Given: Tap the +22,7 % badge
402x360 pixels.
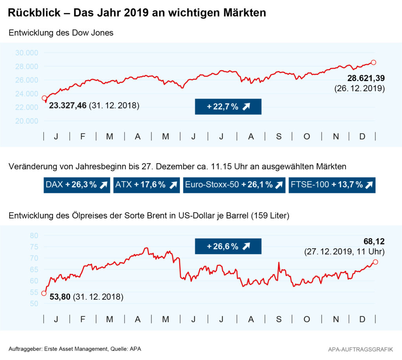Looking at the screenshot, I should tap(228, 107).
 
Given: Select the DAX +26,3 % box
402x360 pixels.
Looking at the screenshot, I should tap(77, 185).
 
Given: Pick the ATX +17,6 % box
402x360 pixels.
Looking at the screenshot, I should tap(146, 185).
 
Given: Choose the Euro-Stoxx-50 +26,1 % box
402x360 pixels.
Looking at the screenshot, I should tap(234, 185).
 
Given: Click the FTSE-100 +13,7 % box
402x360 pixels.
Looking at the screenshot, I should tap(332, 185).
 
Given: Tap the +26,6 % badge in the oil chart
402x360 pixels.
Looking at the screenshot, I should tap(228, 246).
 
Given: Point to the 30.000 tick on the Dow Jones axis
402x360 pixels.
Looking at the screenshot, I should tap(27, 53).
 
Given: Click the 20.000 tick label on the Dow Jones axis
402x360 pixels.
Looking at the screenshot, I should tap(27, 121).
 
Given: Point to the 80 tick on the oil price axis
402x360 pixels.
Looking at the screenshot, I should tap(34, 235).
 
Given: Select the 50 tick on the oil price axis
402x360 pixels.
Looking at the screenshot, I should tap(34, 304).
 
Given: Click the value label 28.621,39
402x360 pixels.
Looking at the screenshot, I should tap(366, 78).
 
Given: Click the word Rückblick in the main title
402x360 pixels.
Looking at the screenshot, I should tap(34, 13).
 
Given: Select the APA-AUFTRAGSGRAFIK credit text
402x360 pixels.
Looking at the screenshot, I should tap(361, 349).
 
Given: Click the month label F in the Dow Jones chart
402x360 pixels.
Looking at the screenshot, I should tap(83, 136).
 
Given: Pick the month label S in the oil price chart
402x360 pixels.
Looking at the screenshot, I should tap(279, 319).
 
